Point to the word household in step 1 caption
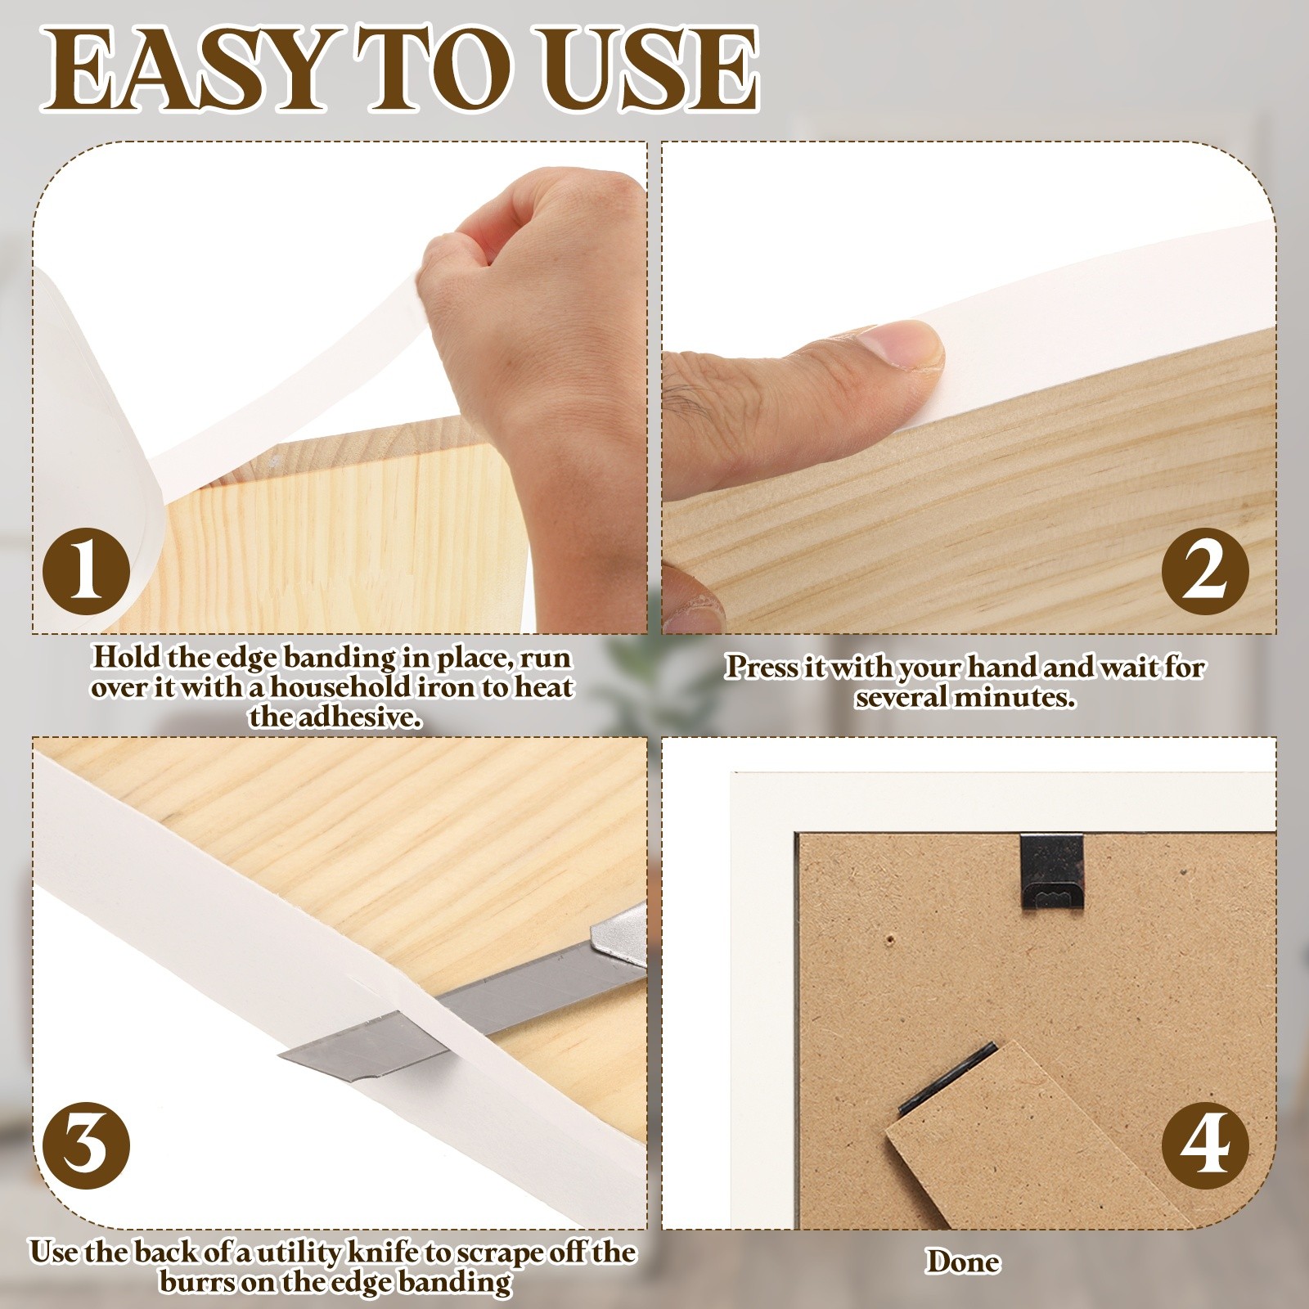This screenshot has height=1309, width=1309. click(x=336, y=687)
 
